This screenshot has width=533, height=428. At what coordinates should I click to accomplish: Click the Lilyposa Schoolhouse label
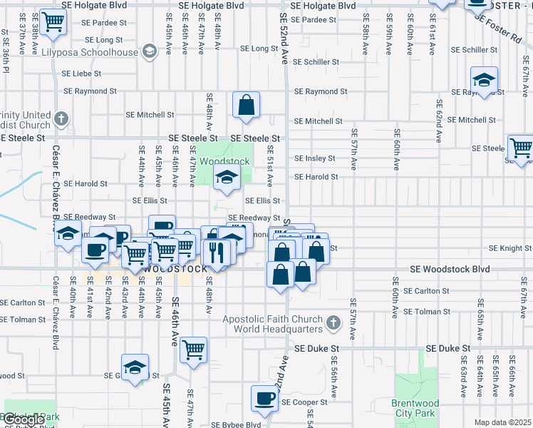[89, 52]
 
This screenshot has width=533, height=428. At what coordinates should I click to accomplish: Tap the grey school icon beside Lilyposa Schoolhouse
[150, 51]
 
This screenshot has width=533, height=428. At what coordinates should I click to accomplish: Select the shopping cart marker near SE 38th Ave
[52, 23]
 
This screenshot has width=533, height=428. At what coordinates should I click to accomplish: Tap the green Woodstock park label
[224, 161]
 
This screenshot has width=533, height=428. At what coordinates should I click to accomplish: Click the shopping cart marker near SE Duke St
[193, 351]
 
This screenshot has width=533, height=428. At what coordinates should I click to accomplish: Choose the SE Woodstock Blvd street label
[450, 270]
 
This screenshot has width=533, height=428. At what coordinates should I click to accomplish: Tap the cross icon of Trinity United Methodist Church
[62, 118]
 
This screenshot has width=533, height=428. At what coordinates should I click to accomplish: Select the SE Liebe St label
[83, 73]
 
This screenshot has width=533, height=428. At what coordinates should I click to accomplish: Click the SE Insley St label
[315, 158]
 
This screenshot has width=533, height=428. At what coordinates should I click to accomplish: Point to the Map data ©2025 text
[503, 422]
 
